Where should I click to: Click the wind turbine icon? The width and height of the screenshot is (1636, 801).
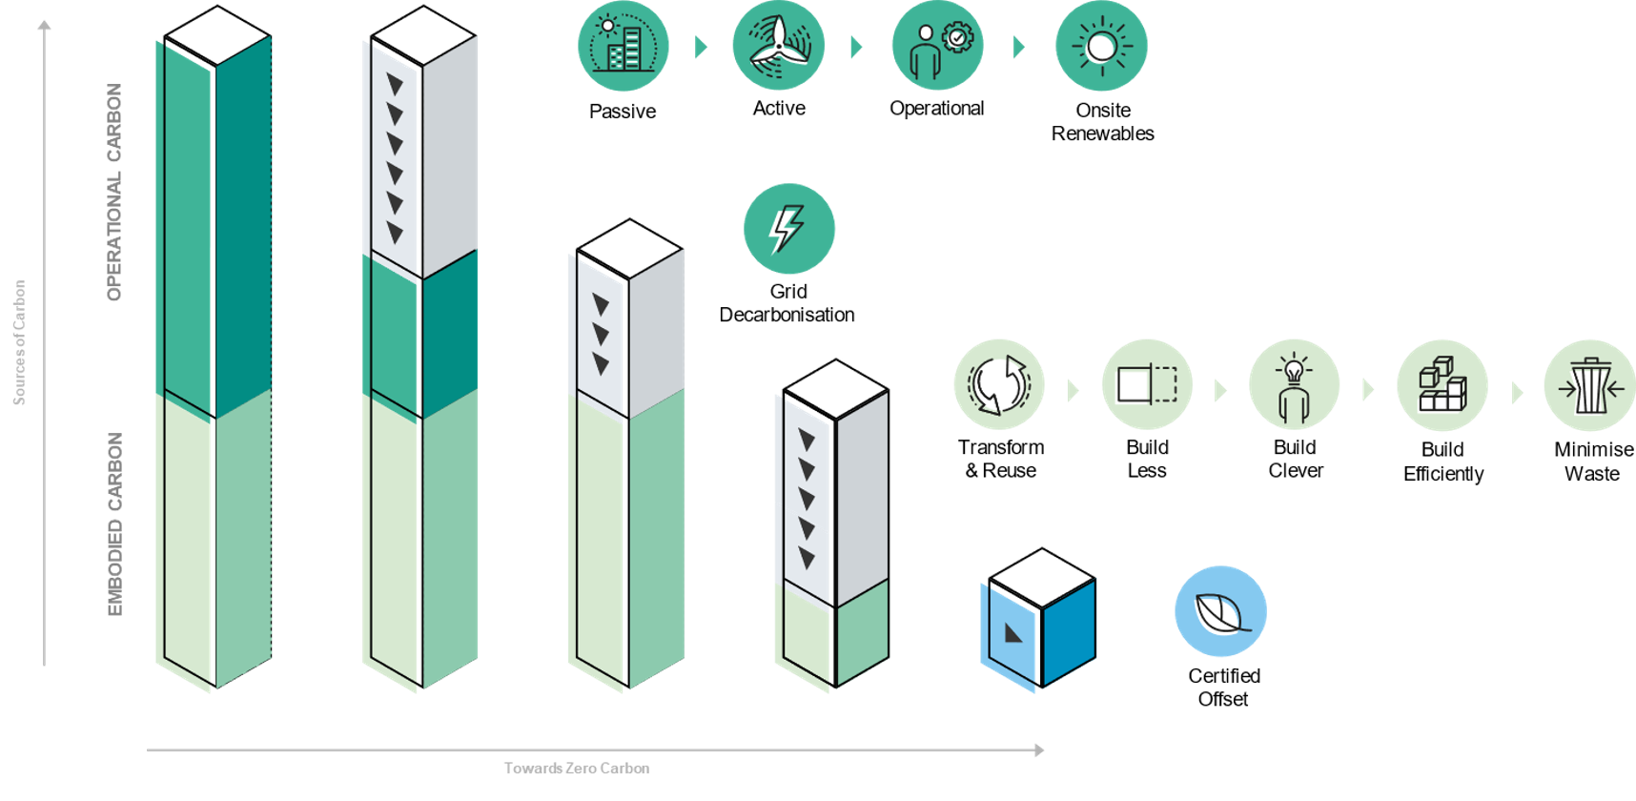(x=778, y=46)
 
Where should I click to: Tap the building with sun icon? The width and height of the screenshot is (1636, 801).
(x=623, y=46)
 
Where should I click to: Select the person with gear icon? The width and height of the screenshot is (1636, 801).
(x=938, y=46)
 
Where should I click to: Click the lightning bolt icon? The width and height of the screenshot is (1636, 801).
(x=788, y=229)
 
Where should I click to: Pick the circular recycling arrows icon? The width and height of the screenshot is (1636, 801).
(x=999, y=384)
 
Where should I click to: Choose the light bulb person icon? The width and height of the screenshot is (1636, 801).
(x=1294, y=384)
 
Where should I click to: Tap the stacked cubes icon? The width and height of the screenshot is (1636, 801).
(x=1442, y=384)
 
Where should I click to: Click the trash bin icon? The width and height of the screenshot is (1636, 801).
(x=1588, y=385)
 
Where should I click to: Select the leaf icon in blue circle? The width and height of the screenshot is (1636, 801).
(x=1220, y=611)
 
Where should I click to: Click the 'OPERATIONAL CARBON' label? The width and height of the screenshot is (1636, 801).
(x=114, y=192)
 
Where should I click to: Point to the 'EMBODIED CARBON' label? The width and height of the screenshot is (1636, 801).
(x=115, y=524)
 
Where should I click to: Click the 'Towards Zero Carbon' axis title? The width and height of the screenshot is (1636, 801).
(x=577, y=769)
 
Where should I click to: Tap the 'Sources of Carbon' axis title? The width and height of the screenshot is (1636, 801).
(x=19, y=342)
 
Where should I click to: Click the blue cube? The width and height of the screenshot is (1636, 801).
(x=1039, y=620)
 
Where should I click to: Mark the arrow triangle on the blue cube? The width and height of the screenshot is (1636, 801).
(x=1012, y=632)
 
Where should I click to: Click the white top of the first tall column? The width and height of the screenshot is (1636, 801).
(x=216, y=36)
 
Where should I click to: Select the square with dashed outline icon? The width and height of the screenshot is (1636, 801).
(x=1147, y=384)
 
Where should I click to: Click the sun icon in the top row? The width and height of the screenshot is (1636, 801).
(x=1101, y=46)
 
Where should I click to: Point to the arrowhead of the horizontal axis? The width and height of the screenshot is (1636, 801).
(x=1040, y=750)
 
